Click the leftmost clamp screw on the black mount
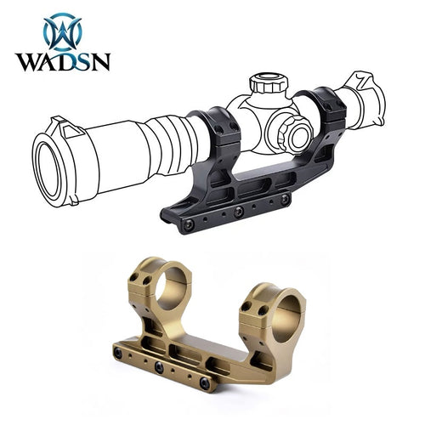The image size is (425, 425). (x=189, y=224)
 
